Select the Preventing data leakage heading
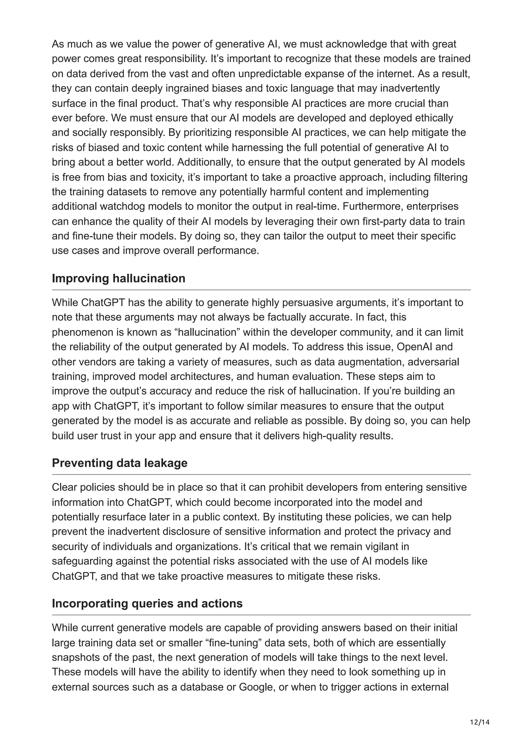click(x=120, y=463)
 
